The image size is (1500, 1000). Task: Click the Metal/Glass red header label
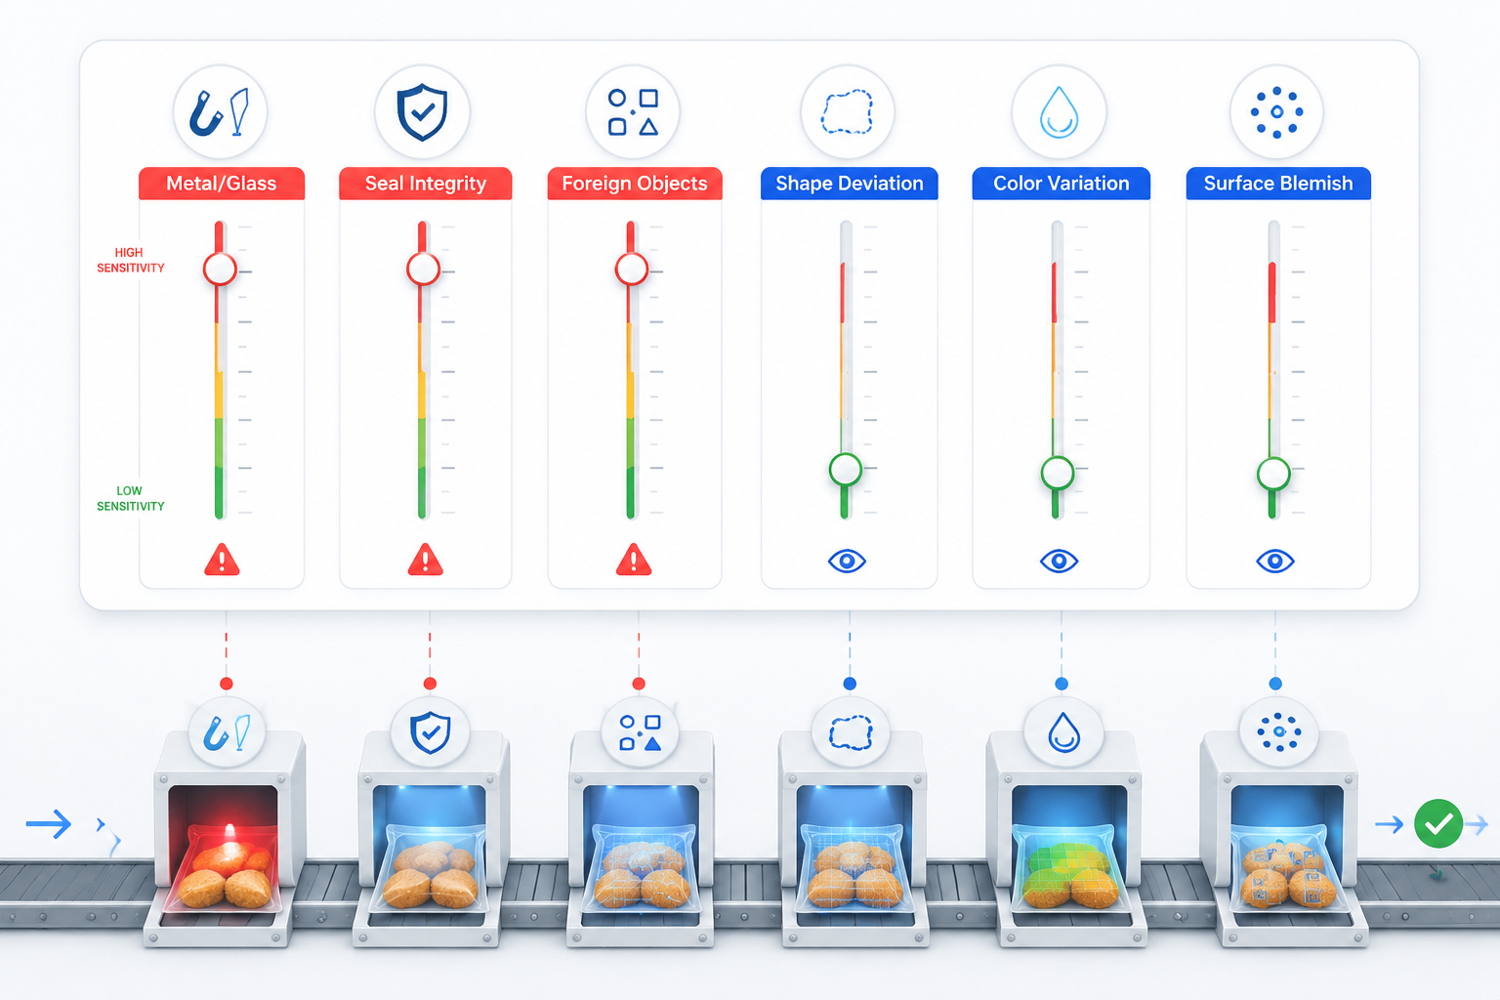222,184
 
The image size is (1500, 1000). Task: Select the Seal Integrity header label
425,184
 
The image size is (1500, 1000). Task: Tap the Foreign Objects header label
634,184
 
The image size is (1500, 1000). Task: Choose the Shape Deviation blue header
849,184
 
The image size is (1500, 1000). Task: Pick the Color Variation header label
1061,184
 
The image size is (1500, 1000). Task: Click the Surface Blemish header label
1278,184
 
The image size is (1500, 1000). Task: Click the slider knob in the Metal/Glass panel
221,270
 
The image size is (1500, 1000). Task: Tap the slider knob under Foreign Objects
632,270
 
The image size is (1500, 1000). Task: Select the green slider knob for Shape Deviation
845,470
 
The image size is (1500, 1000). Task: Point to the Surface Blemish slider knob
1273,475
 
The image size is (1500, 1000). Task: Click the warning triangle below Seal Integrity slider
425,560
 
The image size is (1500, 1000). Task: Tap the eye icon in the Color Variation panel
1059,561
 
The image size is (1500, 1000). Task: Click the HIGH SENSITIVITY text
130,260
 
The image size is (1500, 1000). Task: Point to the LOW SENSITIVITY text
130,498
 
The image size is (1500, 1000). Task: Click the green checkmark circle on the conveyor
1437,824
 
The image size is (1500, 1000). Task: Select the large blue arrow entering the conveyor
49,824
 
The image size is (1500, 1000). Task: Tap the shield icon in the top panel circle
422,112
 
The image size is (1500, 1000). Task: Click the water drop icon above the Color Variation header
1059,112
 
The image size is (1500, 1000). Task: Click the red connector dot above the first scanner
227,684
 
